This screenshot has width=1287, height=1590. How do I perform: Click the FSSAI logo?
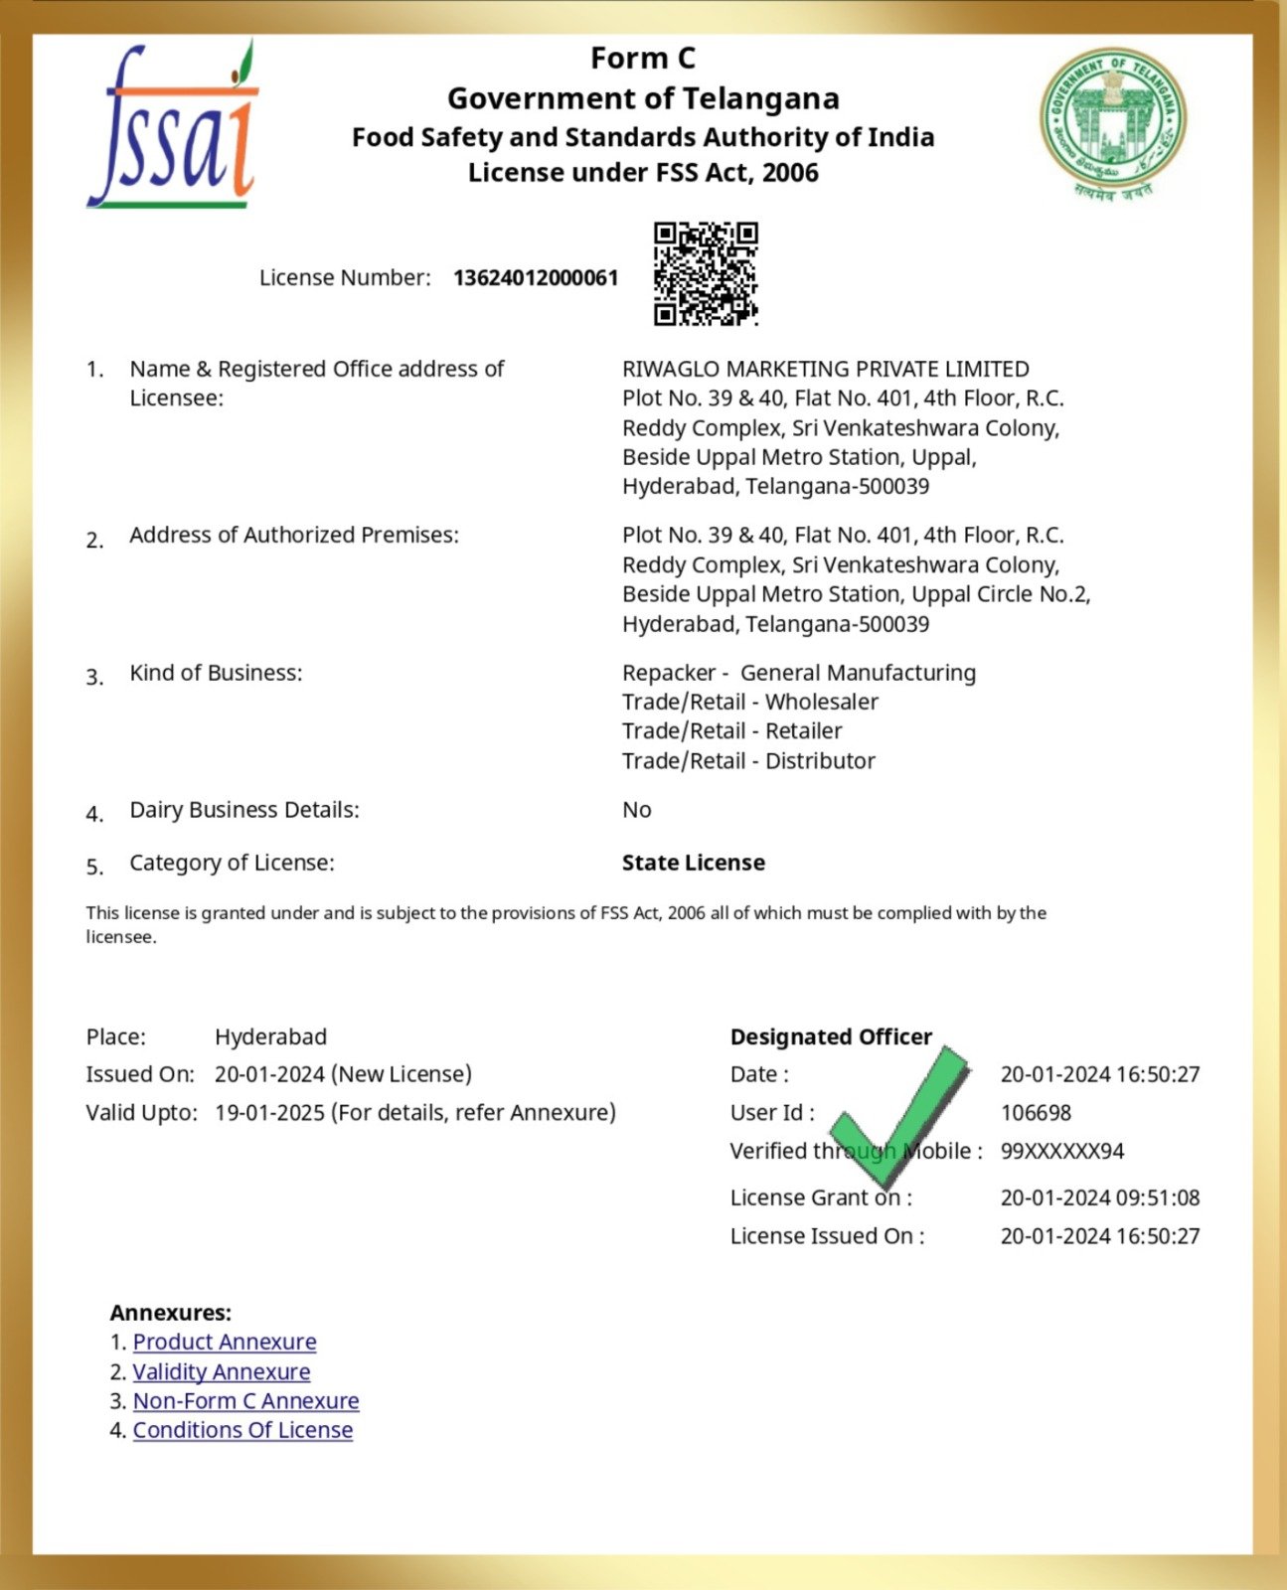pos(174,127)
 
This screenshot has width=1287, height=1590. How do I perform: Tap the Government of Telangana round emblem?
pos(1113,121)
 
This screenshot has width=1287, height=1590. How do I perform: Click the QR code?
pos(706,273)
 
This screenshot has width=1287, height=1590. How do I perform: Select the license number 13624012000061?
pos(536,278)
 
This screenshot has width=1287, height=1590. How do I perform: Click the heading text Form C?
pos(643,59)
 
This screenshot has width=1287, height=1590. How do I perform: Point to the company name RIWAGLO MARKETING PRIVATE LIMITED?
pos(825,369)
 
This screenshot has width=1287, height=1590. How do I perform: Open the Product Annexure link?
pos(225,1342)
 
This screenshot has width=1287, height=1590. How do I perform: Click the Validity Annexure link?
pos(222,1371)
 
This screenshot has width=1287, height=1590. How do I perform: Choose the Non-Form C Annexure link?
pos(245,1400)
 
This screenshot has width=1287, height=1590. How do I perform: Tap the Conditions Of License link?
pos(242,1430)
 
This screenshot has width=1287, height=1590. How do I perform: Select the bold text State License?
pos(693,863)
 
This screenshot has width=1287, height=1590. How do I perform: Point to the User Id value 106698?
pos(1036,1113)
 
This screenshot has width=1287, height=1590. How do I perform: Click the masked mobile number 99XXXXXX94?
pos(1061,1151)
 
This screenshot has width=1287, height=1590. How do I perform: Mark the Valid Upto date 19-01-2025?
pos(269,1112)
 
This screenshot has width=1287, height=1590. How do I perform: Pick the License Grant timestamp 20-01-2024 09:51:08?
pos(1099,1197)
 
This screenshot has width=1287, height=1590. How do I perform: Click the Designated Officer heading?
pos(831,1036)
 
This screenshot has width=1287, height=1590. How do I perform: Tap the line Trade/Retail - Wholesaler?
pos(749,702)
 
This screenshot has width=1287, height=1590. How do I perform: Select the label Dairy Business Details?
pos(244,810)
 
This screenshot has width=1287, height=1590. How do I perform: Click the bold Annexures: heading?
pos(170,1313)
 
